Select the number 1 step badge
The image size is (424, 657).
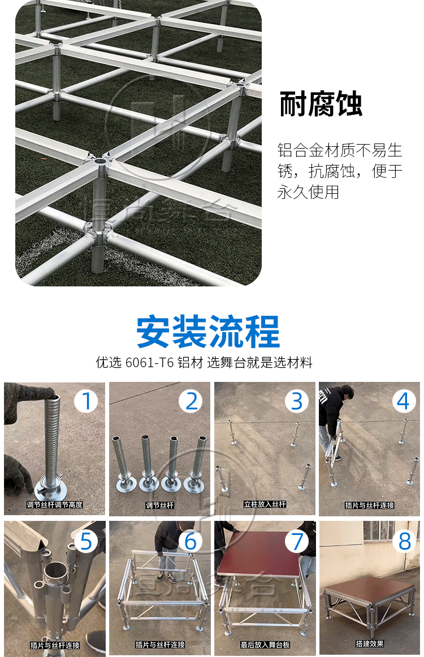(86, 401)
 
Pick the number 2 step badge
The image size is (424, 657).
(192, 401)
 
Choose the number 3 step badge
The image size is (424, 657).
(297, 401)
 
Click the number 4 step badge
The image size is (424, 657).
(402, 401)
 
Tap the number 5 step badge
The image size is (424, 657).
(86, 541)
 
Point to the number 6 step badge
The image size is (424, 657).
(192, 541)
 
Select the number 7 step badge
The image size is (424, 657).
(297, 541)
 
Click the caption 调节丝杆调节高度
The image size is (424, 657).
(54, 504)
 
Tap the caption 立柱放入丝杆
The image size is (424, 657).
(265, 504)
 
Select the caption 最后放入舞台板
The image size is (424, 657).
(264, 644)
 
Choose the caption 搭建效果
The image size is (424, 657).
(370, 644)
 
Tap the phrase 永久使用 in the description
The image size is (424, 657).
(308, 192)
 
